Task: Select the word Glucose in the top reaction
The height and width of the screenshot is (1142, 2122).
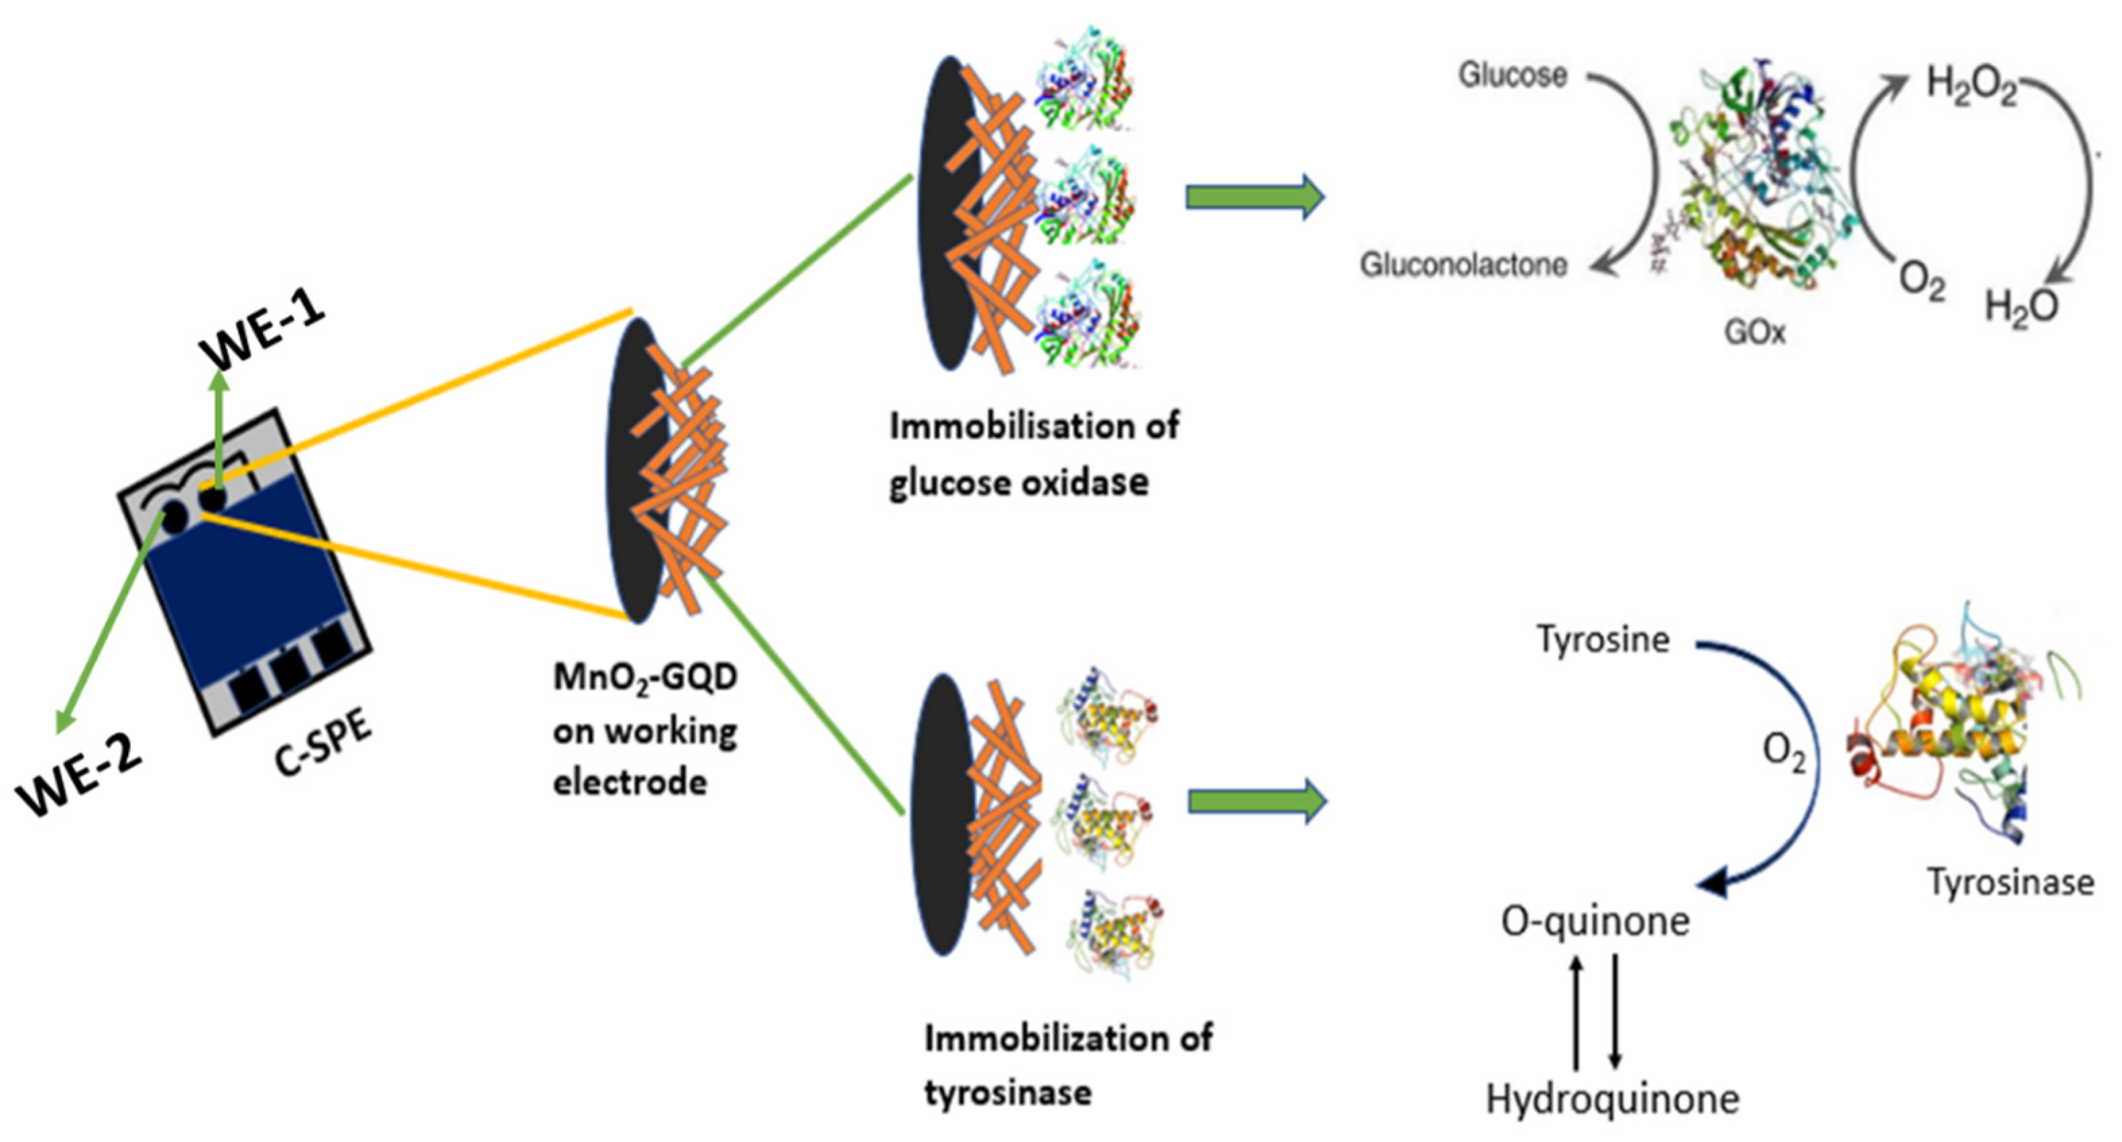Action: pyautogui.click(x=1512, y=75)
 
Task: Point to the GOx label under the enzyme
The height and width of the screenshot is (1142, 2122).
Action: pyautogui.click(x=1755, y=332)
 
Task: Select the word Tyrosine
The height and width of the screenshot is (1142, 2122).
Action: pyautogui.click(x=1603, y=639)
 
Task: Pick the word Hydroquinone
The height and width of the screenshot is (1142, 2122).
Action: pyautogui.click(x=1612, y=1098)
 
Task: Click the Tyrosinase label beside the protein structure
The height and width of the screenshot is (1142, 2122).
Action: pyautogui.click(x=2011, y=882)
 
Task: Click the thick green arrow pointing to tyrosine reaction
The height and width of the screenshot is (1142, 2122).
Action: pyautogui.click(x=1257, y=801)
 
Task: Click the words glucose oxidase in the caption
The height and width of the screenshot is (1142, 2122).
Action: pyautogui.click(x=1018, y=482)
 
